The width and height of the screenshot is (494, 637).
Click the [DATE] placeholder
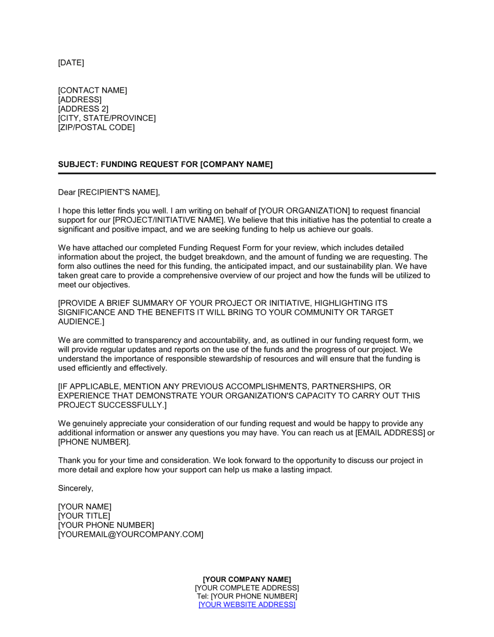[71, 63]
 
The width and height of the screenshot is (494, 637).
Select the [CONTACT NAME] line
[92, 90]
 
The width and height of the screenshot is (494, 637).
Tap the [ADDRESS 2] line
[83, 109]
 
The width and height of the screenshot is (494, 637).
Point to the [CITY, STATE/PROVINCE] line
[107, 118]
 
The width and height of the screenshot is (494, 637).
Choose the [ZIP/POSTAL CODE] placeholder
[96, 127]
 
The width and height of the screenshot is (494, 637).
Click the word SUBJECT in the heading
[77, 164]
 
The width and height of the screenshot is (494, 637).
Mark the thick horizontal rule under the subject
[247, 173]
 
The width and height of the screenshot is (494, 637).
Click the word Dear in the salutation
[67, 192]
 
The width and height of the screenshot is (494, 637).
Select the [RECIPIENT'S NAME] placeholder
[119, 192]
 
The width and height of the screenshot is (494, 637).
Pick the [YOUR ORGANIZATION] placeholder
[304, 211]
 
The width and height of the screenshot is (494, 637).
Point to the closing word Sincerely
[75, 488]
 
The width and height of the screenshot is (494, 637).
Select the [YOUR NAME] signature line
[84, 507]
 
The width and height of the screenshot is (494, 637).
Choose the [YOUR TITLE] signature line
[84, 516]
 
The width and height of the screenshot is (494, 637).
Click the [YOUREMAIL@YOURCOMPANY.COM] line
[130, 534]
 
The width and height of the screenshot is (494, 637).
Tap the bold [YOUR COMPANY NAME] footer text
[247, 579]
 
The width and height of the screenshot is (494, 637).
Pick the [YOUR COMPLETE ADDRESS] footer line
[247, 588]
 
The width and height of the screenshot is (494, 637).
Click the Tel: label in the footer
[203, 596]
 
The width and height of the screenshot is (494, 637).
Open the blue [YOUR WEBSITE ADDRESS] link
[247, 604]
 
